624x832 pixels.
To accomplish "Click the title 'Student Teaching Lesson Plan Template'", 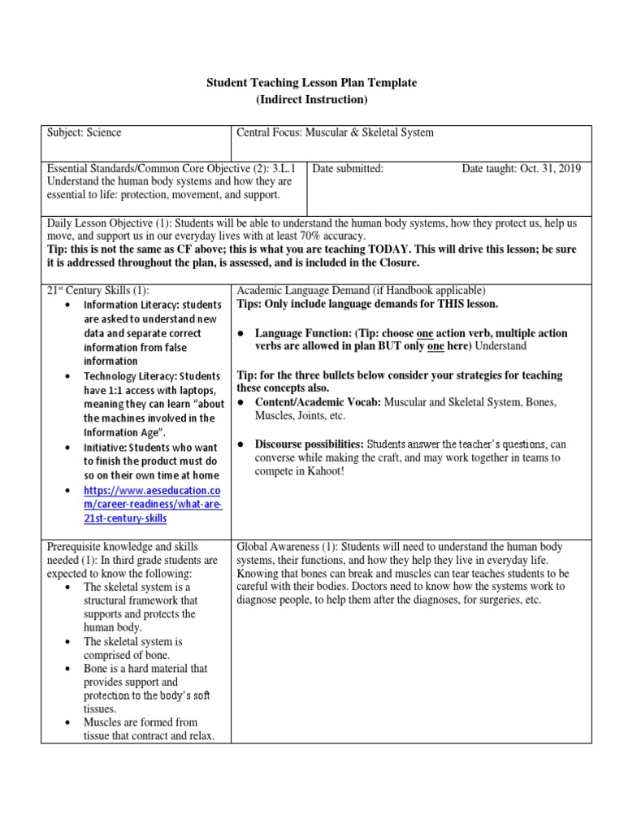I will coord(312,83).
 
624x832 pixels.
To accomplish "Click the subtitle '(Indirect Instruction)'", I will coord(312,99).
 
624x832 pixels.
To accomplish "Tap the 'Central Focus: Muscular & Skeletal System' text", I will coord(335,132).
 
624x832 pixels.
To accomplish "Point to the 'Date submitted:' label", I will coord(348,168).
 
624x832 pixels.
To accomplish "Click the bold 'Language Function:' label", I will coord(301,333).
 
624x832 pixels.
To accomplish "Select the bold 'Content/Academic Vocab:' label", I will coord(318,402).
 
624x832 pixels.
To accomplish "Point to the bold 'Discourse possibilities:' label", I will coord(309,444).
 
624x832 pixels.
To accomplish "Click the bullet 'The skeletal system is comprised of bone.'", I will coord(132,648).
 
